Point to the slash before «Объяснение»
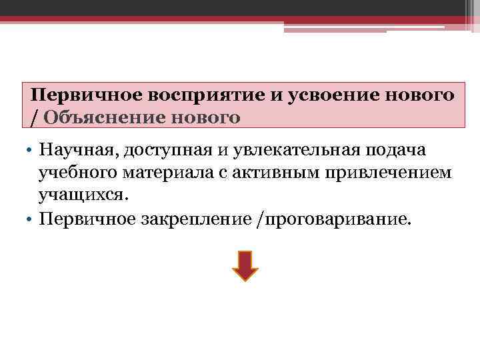tap(34, 119)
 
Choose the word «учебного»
tap(78, 173)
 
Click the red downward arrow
tap(245, 265)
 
